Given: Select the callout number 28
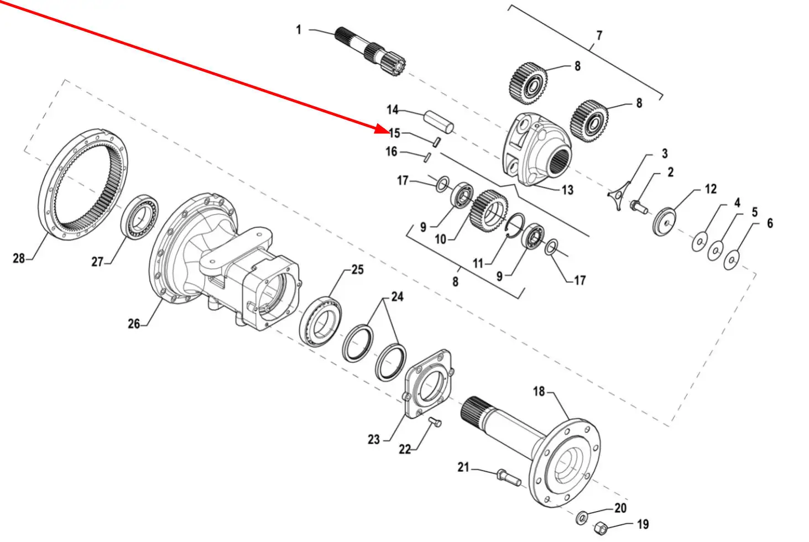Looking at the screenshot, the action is [x=19, y=258].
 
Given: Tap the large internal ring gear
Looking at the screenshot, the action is [x=83, y=185].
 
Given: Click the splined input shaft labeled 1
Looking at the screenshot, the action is [x=370, y=51].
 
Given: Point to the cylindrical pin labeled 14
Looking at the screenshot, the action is [x=439, y=122].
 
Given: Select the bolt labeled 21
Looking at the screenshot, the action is [x=509, y=477].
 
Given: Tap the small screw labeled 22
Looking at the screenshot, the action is [x=435, y=421].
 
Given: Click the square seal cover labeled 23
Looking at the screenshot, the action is [x=429, y=384].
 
